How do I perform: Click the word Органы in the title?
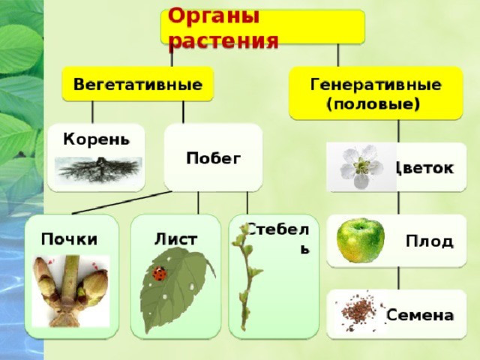(x=213, y=17)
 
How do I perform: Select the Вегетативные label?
(x=138, y=84)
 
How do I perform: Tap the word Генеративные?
(x=376, y=85)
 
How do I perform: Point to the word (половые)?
(x=373, y=104)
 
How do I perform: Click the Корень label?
(x=97, y=139)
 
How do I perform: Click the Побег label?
(x=213, y=158)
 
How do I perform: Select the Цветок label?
(x=425, y=168)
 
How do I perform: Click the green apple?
(x=360, y=240)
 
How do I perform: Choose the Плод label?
(x=429, y=241)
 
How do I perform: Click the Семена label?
(x=419, y=315)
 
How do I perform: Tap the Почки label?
(x=70, y=239)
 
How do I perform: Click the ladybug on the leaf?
(x=160, y=273)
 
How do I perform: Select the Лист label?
(x=175, y=239)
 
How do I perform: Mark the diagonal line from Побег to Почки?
(x=122, y=202)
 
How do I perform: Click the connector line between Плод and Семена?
(x=398, y=278)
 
